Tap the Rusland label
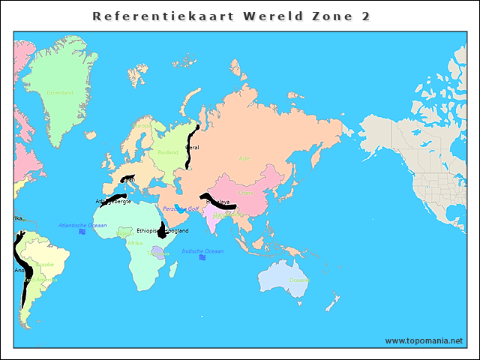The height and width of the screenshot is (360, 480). [x=168, y=152]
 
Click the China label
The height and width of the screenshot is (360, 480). [x=246, y=193]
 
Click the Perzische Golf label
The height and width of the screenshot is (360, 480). [x=181, y=208]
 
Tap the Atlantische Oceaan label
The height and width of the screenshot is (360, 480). [x=82, y=225]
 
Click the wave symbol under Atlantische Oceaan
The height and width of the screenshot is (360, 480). [x=82, y=233]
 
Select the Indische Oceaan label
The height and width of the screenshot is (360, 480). [x=202, y=250]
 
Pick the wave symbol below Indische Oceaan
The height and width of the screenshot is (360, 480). [x=202, y=259]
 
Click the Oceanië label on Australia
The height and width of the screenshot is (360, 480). [x=298, y=280]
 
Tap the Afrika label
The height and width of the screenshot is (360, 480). [x=135, y=243]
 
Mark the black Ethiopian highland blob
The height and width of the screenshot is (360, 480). [x=161, y=231]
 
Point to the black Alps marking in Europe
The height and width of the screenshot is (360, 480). [x=127, y=178]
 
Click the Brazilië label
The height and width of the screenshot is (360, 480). [x=45, y=264]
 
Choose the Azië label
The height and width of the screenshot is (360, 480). [x=244, y=158]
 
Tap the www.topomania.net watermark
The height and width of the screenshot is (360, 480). [x=424, y=340]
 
